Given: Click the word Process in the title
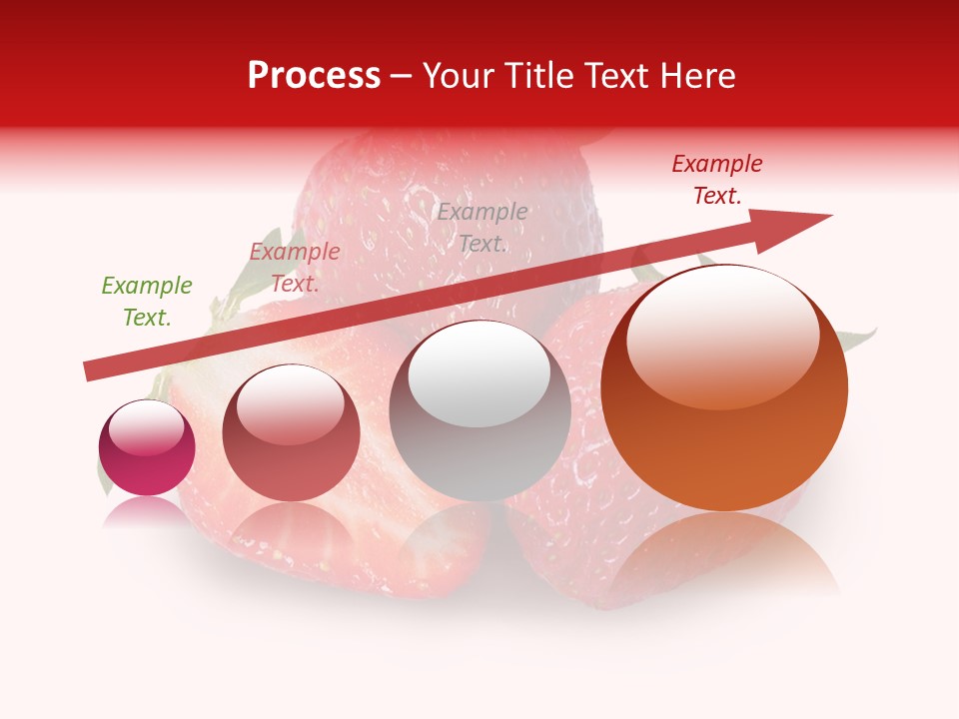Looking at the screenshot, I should (x=314, y=76).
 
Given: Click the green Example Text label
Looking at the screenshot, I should (x=147, y=302).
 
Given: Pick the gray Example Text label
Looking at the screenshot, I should (x=482, y=228).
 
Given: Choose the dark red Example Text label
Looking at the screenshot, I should (x=717, y=180).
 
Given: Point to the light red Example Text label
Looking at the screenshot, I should (x=295, y=268).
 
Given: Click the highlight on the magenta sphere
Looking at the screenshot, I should (x=146, y=427).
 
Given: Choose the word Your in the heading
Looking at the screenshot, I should (x=459, y=76).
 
